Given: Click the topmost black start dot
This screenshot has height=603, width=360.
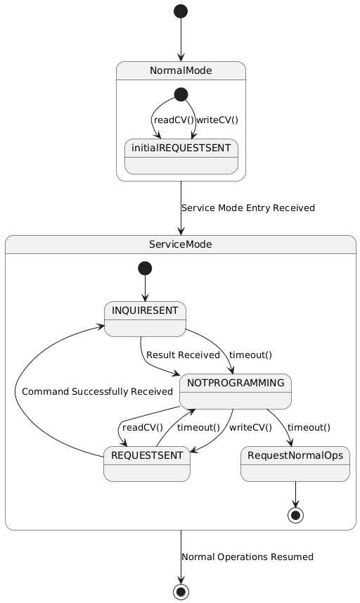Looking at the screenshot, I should (181, 11).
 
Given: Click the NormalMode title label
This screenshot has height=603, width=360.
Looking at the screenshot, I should (181, 70).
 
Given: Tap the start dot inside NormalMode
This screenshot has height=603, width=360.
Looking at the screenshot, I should (181, 94).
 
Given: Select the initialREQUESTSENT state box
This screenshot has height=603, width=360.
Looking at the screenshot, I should (181, 156).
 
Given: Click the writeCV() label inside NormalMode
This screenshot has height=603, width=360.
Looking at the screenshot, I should (217, 120).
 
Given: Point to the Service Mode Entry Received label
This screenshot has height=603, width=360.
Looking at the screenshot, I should (247, 208).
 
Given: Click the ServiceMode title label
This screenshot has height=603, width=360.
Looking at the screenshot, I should (181, 243).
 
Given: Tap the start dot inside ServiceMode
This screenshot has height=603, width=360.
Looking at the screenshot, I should (145, 267).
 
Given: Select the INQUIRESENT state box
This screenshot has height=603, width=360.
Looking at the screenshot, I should (145, 319).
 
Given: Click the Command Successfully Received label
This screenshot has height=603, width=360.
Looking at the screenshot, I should (97, 391).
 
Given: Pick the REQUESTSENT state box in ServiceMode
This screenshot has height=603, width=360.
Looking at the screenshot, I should (146, 464).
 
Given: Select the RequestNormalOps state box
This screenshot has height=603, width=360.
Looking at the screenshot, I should (295, 464).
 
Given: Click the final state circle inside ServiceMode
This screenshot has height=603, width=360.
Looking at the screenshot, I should (295, 514).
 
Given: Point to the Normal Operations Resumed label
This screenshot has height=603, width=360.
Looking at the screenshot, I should (247, 557).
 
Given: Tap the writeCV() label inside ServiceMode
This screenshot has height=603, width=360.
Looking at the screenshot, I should (250, 427).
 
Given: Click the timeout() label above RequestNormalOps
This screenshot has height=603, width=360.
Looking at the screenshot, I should (309, 427).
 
